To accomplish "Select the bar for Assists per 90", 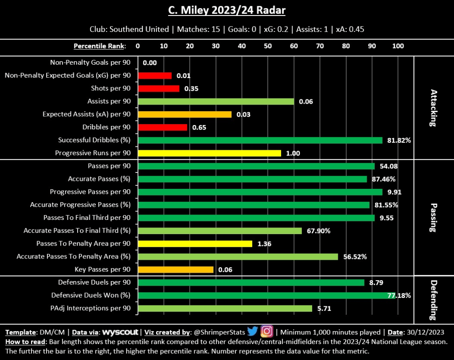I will coord(216,102).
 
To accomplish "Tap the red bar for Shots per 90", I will coord(159,89).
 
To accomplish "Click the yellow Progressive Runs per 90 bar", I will coord(210,153).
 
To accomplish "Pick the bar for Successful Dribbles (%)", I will coord(260,140).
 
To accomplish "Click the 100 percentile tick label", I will coord(398,46).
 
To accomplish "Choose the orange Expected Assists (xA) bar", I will coord(185,114).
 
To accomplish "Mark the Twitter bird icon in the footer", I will coord(253,332).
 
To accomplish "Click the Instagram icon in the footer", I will coord(266,332).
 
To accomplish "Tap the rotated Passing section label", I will coord(434,218).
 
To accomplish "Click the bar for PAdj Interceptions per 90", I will coord(225,308).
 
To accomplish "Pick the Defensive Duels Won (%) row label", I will coord(91,295).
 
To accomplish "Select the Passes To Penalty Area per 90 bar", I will coord(195,244).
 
